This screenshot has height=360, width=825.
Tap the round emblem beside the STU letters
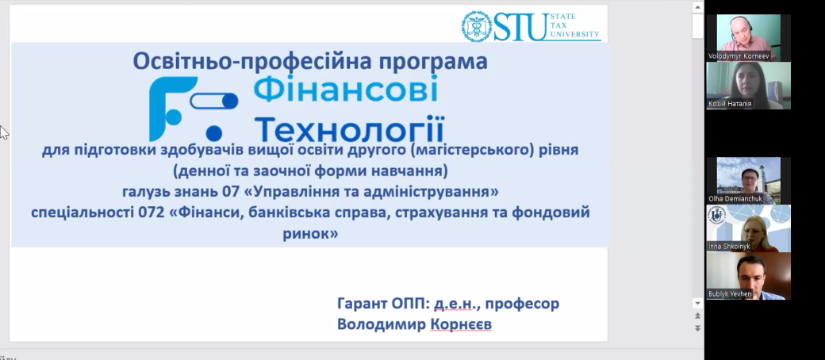(477, 26)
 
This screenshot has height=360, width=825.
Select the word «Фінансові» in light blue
(346, 90)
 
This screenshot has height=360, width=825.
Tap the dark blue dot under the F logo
(213, 133)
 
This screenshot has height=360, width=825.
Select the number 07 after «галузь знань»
(230, 192)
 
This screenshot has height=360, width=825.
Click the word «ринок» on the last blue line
(310, 233)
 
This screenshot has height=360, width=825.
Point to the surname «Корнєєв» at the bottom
(461, 324)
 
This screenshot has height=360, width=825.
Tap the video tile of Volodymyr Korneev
(748, 38)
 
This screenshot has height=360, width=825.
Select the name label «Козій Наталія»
(730, 104)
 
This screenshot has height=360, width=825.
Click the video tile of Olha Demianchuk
(748, 181)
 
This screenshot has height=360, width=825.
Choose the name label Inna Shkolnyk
(729, 247)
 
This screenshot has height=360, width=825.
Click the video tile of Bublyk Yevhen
(748, 276)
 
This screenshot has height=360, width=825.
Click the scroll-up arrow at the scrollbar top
(697, 7)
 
